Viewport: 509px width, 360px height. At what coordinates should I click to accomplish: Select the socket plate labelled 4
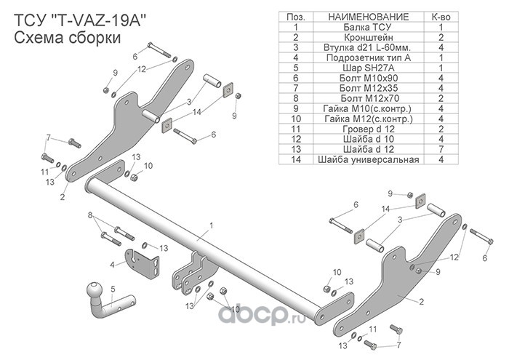pyautogui.click(x=143, y=263)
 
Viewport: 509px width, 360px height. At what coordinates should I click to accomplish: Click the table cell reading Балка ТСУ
pyautogui.click(x=368, y=27)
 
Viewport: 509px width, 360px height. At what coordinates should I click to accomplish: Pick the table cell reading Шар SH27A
pyautogui.click(x=368, y=68)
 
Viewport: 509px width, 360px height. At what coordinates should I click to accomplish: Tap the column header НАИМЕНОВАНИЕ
pyautogui.click(x=369, y=17)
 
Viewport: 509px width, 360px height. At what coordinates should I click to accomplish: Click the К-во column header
pyautogui.click(x=441, y=17)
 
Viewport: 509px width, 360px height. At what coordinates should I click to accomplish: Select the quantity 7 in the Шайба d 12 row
pyautogui.click(x=441, y=149)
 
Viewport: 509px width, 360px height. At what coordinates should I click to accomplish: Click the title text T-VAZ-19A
pyautogui.click(x=99, y=21)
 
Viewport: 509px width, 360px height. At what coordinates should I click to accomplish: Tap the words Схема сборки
pyautogui.click(x=68, y=38)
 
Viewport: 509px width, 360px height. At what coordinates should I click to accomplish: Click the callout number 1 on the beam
pyautogui.click(x=212, y=225)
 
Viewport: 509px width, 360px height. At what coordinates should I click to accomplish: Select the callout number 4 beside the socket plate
pyautogui.click(x=112, y=265)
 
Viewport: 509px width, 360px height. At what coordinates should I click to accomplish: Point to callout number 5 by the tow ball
pyautogui.click(x=113, y=289)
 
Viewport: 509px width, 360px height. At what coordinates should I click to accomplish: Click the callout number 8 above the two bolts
pyautogui.click(x=90, y=215)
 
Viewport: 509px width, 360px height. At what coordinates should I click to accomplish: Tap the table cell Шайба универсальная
pyautogui.click(x=369, y=160)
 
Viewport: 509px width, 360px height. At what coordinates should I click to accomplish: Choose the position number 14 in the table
pyautogui.click(x=296, y=160)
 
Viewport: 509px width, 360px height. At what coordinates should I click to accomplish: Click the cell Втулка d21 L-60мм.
pyautogui.click(x=367, y=47)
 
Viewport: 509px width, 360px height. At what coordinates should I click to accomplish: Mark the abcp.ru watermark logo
pyautogui.click(x=262, y=313)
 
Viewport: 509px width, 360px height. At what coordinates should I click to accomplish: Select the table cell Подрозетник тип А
pyautogui.click(x=369, y=57)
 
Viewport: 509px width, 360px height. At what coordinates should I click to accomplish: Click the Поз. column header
pyautogui.click(x=296, y=17)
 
